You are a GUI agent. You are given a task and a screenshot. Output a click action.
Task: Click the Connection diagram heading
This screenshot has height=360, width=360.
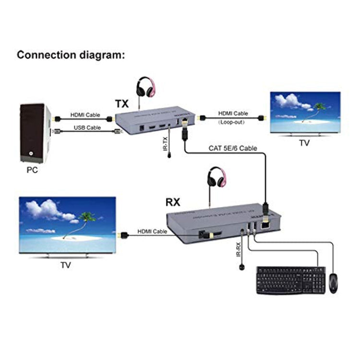[x=71, y=55]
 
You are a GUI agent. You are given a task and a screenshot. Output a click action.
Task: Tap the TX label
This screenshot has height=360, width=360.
[x=122, y=103]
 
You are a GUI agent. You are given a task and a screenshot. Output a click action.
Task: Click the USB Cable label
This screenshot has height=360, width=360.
[x=87, y=128]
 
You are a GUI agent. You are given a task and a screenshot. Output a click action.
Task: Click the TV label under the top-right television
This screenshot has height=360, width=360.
[x=304, y=143]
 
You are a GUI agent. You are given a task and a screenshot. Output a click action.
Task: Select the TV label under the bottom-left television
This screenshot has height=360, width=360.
[x=65, y=264]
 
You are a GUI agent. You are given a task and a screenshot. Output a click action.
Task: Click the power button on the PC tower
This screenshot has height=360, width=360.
[x=31, y=155]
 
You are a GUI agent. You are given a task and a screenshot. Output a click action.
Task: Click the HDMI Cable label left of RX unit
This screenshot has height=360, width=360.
[x=152, y=231]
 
